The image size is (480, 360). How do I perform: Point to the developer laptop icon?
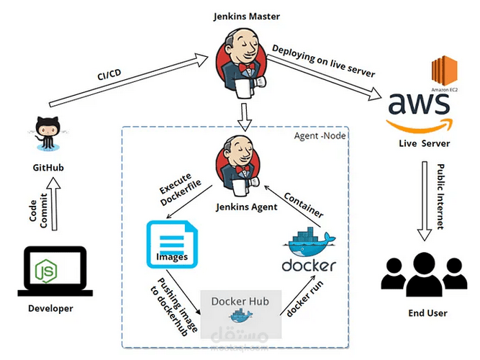[55, 272]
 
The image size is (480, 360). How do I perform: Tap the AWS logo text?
[419, 104]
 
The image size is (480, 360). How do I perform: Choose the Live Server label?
[425, 144]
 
